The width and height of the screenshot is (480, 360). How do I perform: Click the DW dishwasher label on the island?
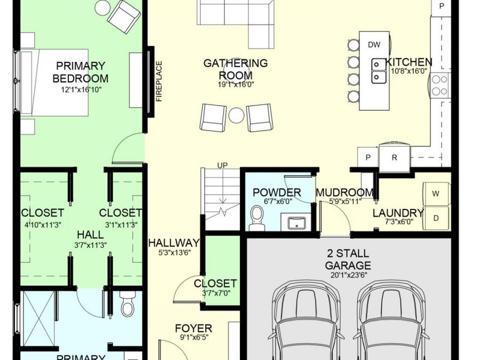coord(374,45)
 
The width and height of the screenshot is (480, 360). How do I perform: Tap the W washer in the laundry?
coord(436,194)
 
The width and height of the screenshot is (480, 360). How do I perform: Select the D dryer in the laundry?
coord(436,218)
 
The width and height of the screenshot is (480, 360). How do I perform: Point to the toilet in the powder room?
coord(257,218)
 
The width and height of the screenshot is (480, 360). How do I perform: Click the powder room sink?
coord(297,222)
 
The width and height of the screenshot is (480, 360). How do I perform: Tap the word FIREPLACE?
coord(159,81)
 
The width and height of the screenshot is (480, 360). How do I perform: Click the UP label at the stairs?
coord(222,165)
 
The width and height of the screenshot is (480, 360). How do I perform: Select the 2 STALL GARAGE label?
coord(348,259)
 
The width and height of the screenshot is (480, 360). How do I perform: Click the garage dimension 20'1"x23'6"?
coord(349,275)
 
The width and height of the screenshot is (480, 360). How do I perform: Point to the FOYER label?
coord(194,328)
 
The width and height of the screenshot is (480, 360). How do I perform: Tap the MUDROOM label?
coord(345,193)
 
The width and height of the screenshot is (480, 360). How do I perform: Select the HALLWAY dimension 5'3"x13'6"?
coord(174,253)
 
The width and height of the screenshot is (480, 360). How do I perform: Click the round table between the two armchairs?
coord(236,115)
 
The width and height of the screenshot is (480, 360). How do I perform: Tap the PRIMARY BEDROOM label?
coord(81,72)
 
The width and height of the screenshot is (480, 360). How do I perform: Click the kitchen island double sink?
coord(379,71)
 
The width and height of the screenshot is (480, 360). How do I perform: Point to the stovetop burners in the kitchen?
coord(439,85)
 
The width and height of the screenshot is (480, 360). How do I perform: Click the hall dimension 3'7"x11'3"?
coord(90,245)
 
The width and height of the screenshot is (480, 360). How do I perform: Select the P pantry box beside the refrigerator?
coord(368,157)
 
